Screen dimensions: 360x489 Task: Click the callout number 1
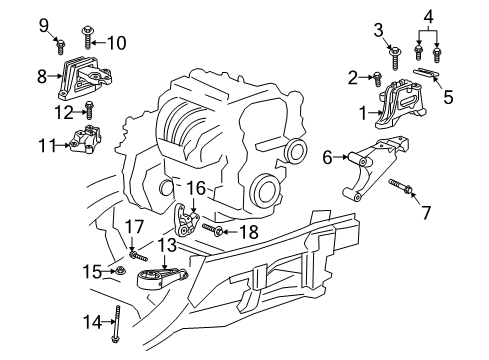(363, 114)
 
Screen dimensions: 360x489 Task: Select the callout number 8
(42, 75)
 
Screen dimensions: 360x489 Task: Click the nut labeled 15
(119, 269)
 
